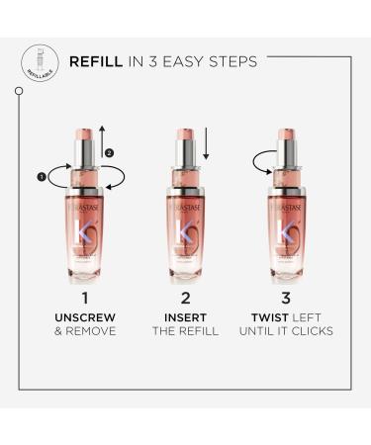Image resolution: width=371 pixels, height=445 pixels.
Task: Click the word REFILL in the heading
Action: pos(96,61)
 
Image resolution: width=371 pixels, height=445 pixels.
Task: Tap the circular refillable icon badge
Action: pos(37,60)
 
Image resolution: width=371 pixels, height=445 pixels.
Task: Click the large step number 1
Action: pos(84,297)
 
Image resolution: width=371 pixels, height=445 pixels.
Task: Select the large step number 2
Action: pos(185,297)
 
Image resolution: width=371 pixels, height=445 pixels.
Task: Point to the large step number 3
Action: pos(285,297)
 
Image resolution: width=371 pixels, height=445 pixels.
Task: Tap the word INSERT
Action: pos(185,316)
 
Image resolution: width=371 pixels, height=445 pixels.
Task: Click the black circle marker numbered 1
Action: pos(43,177)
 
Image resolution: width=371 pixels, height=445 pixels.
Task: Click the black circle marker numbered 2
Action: pos(110,152)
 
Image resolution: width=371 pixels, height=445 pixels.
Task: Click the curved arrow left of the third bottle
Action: pos(259,161)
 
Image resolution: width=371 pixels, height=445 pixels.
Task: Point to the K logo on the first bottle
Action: pos(85,236)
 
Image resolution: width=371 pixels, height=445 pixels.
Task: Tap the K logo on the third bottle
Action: pos(285,236)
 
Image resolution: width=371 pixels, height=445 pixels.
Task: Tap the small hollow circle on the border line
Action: pos(19,91)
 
